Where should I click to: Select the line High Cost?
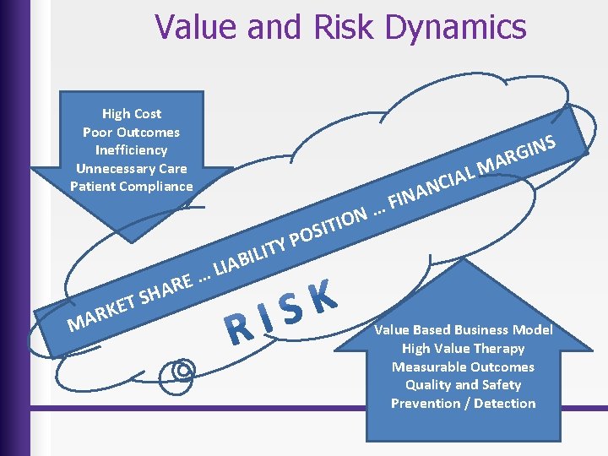pyautogui.click(x=131, y=113)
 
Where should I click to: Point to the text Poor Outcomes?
pyautogui.click(x=131, y=132)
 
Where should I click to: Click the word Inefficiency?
pyautogui.click(x=131, y=149)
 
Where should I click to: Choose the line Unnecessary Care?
pyautogui.click(x=131, y=168)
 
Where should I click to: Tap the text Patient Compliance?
pyautogui.click(x=131, y=186)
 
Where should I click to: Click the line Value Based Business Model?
pyautogui.click(x=463, y=330)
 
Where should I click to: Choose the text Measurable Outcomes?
pyautogui.click(x=463, y=366)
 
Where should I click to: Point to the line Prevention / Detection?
pyautogui.click(x=463, y=403)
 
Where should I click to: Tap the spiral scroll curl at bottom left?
pyautogui.click(x=183, y=369)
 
